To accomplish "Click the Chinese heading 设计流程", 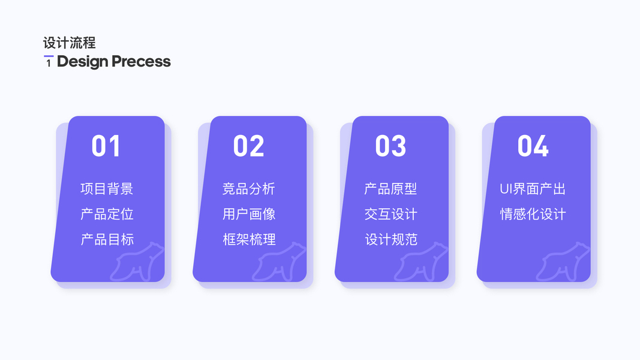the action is [69, 43].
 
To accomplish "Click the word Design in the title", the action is [82, 62].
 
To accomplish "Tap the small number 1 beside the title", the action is [49, 62].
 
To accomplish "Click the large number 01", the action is [106, 146].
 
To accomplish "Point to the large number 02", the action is [248, 146].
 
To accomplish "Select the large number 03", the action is [390, 146].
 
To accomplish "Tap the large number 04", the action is [533, 146].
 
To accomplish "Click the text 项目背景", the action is [107, 189].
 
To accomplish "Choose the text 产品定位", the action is [107, 214].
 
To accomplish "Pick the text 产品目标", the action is [107, 239].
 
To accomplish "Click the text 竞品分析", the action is [249, 189].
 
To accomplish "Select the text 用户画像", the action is [249, 214].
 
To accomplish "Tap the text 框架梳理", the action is [249, 239].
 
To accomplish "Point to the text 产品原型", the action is [390, 189].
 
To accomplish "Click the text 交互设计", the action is [390, 214].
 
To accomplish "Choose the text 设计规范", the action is [390, 239].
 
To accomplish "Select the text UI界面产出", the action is [533, 189].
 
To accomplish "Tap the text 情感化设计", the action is [533, 214].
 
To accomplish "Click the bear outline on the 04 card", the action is [564, 262].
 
